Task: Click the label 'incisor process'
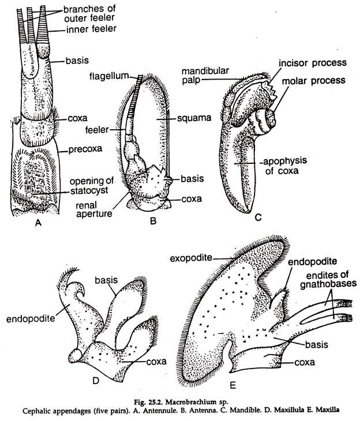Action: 313,63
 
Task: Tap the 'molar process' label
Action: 313,80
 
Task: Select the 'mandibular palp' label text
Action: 205,76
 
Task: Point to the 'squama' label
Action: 194,118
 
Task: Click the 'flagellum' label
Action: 109,76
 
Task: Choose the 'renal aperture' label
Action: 94,210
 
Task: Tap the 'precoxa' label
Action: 85,149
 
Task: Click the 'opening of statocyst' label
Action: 91,186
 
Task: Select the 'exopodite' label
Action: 191,258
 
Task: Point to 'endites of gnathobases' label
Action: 328,280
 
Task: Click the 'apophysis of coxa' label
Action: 284,166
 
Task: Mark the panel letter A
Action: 39,223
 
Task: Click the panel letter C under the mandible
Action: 258,217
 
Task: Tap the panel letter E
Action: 233,386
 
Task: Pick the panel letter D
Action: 96,381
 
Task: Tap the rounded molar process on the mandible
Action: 265,121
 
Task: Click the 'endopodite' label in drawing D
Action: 31,319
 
